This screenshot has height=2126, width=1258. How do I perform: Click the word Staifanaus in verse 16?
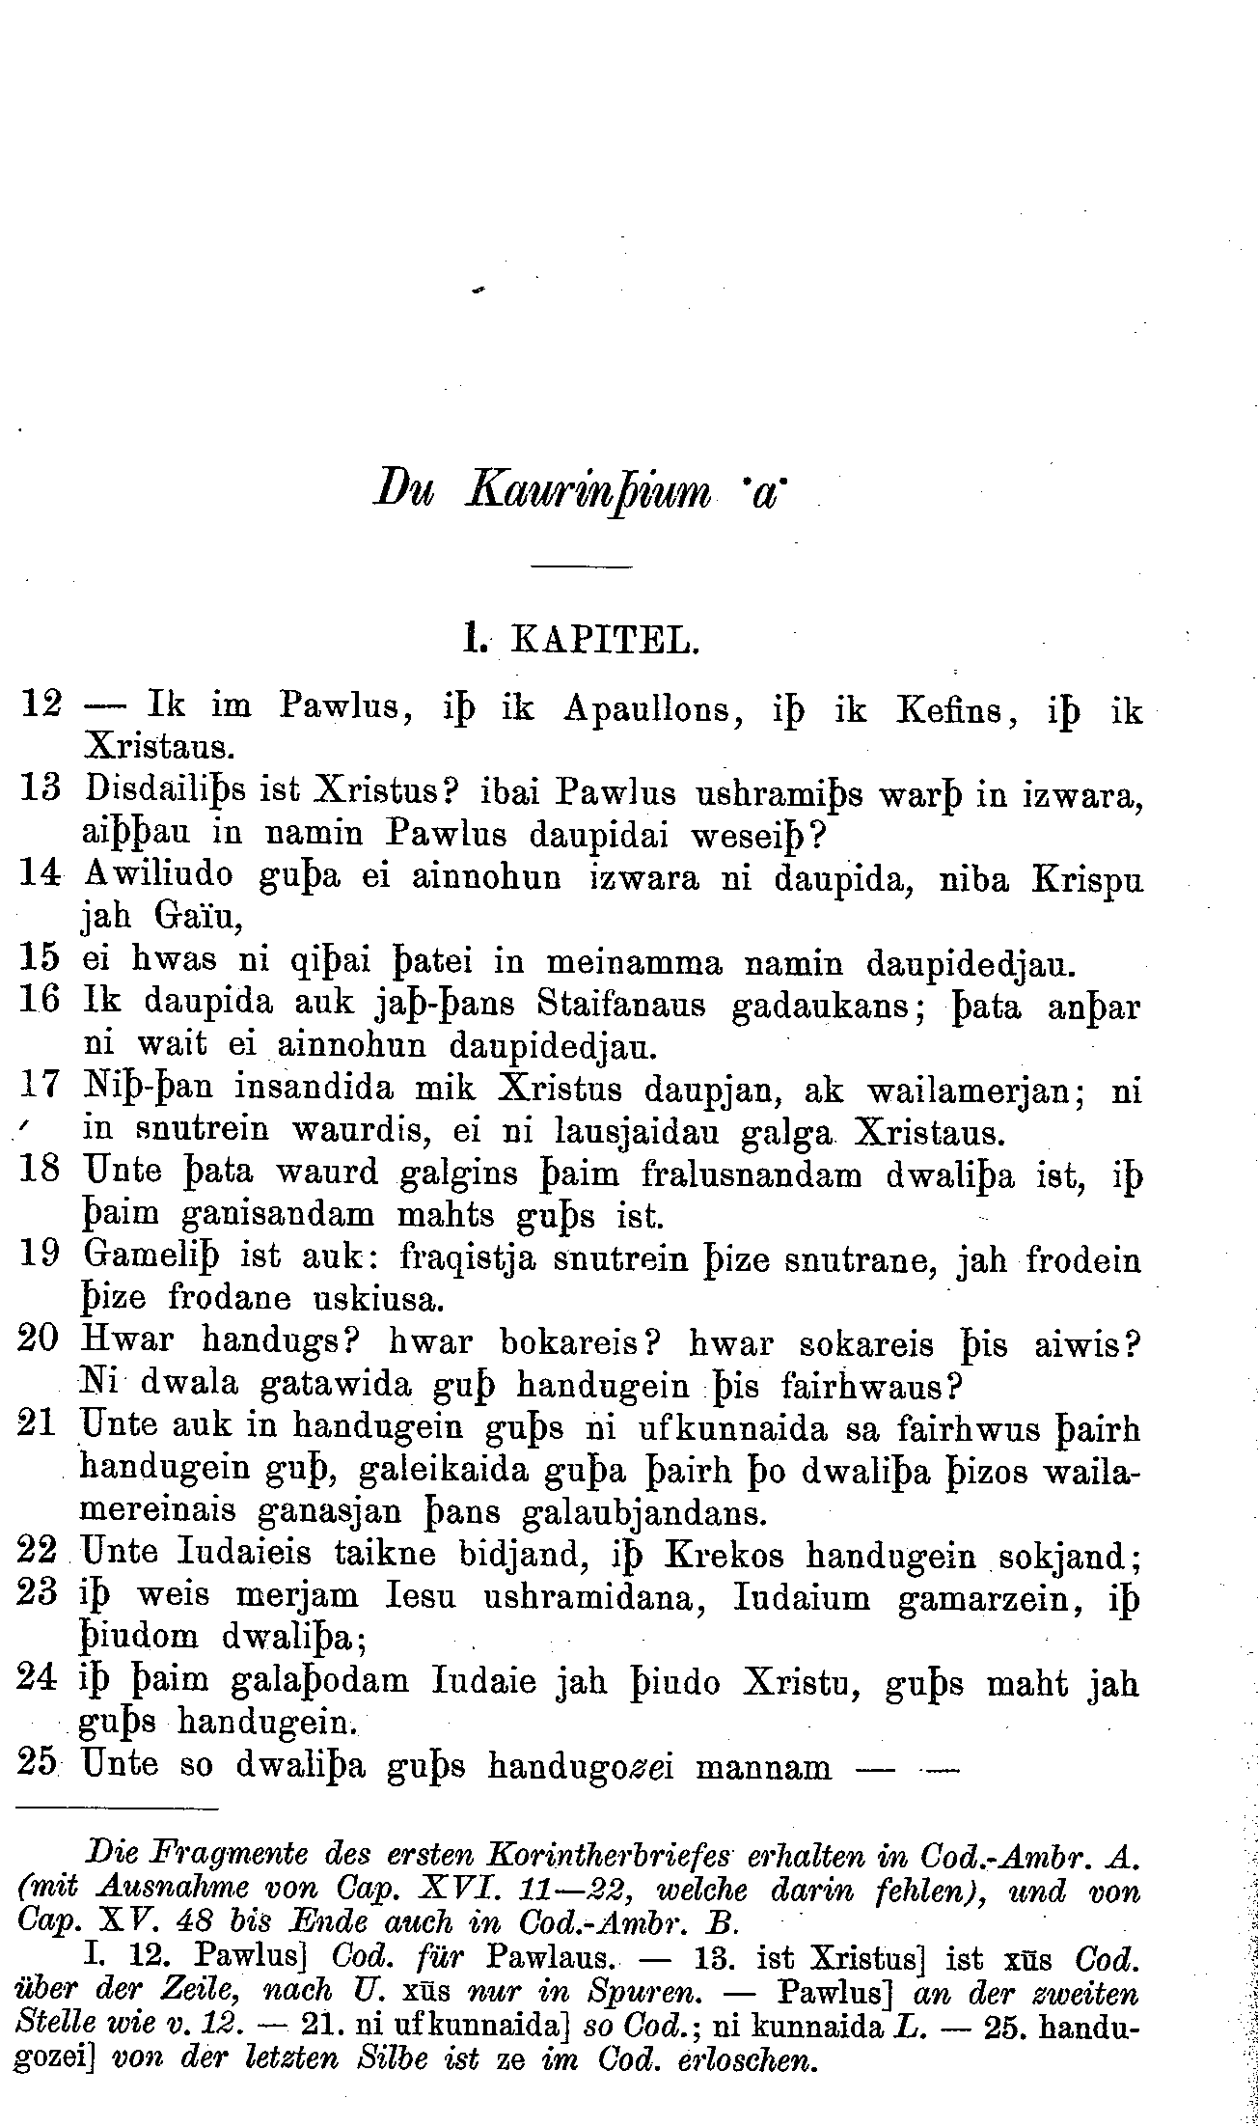pyautogui.click(x=621, y=1005)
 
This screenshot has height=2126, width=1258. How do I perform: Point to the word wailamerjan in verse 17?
pyautogui.click(x=979, y=1090)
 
